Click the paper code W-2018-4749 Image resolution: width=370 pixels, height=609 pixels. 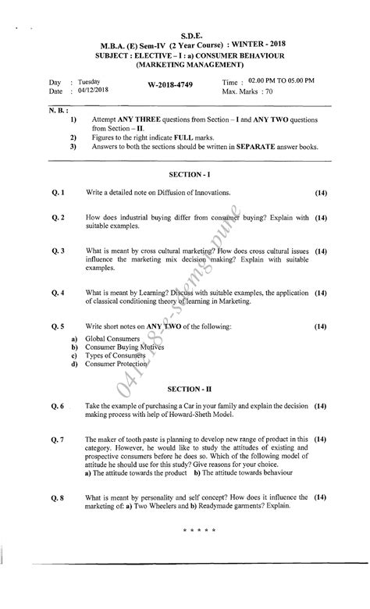click(x=169, y=84)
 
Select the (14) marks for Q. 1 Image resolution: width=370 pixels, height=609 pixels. click(x=321, y=191)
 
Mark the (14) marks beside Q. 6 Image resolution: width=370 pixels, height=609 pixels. click(x=321, y=407)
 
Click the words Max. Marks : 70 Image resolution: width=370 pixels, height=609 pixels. click(x=251, y=92)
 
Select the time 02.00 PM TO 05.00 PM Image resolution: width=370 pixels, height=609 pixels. click(x=279, y=81)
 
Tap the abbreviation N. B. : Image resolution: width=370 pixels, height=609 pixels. click(x=58, y=111)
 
